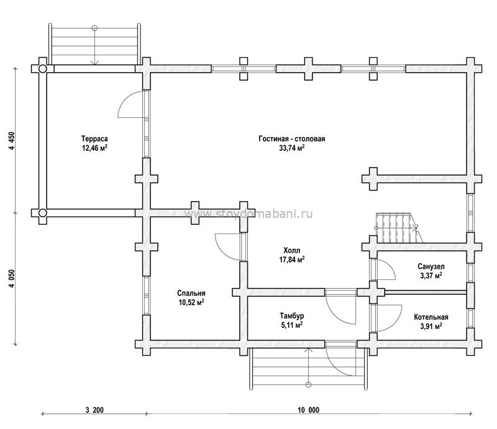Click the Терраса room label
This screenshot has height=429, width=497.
point(94,139)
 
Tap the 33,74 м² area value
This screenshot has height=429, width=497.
point(292,148)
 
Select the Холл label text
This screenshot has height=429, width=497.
point(292,251)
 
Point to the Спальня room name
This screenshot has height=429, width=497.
point(191,294)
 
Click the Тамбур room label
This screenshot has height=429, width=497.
point(292,316)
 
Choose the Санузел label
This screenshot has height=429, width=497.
point(431,266)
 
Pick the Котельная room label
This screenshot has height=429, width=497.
point(431,317)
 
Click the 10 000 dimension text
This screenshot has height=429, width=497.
point(308,410)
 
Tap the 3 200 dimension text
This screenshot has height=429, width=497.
point(94,410)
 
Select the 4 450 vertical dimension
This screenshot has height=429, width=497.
point(12,142)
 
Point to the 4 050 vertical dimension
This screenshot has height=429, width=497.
point(12,279)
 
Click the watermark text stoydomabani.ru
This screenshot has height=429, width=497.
point(248,214)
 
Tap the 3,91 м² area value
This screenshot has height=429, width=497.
point(431,327)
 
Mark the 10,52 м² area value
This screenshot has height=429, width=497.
point(191,302)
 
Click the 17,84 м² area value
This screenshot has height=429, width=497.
point(292,260)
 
